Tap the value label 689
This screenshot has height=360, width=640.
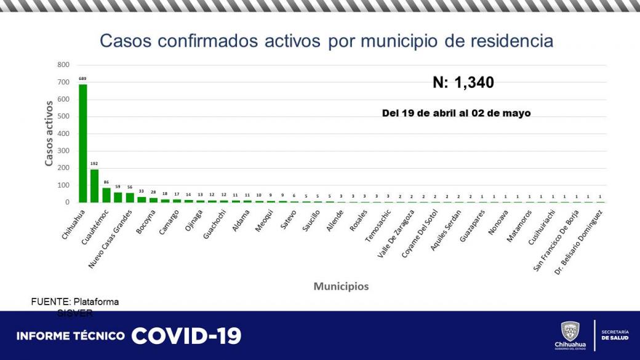pos(82,79)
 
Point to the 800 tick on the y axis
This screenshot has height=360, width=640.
pos(63,65)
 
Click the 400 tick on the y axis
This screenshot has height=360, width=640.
pos(63,134)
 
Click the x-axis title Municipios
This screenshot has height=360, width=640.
pos(341,286)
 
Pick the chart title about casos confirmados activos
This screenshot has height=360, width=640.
pos(326,41)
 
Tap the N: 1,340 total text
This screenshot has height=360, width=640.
pos(463,82)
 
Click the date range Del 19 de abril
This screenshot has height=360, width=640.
pos(456,113)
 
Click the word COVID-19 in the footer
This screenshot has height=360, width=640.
pos(186,335)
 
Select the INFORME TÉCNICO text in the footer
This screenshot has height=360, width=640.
pos(71,336)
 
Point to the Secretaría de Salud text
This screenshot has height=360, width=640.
pos(615,335)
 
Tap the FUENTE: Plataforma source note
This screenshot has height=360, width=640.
pos(75,302)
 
